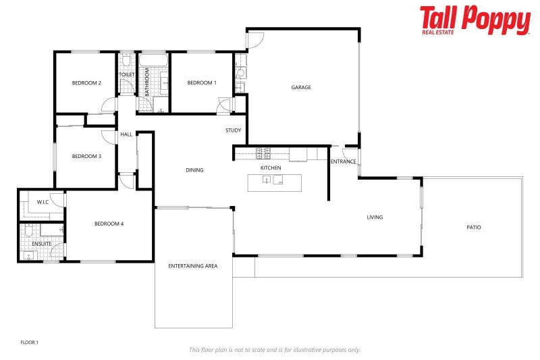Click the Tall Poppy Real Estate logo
(x=475, y=20)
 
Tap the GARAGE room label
(x=301, y=87)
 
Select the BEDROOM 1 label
(x=202, y=82)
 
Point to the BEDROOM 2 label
(x=86, y=83)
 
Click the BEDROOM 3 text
(x=86, y=156)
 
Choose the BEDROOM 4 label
(x=109, y=224)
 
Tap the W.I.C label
(x=42, y=201)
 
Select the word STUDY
(x=234, y=130)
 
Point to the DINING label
(x=194, y=170)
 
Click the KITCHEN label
(x=271, y=168)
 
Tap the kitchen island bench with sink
(x=275, y=182)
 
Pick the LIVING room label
(x=375, y=217)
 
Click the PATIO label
(x=474, y=228)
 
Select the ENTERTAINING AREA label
(x=193, y=266)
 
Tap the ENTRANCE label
(x=343, y=161)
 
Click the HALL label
(x=126, y=134)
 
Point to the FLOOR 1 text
(x=30, y=342)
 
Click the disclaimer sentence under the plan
(x=275, y=350)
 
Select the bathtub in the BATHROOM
(x=153, y=66)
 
